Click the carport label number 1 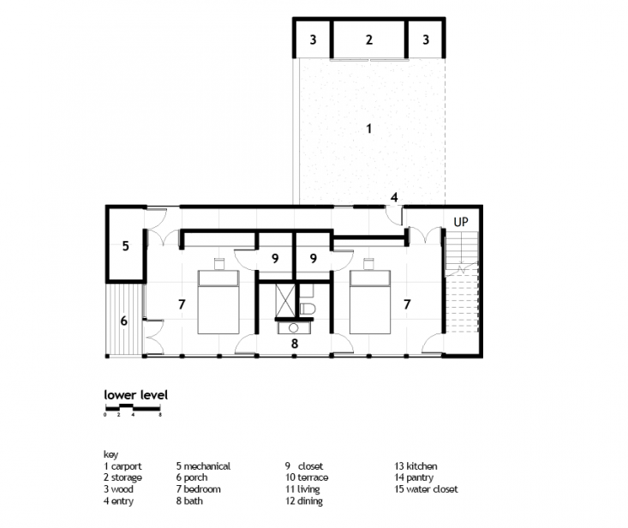369,129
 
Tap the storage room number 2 369,39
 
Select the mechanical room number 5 125,246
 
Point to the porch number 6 123,321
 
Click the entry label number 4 394,197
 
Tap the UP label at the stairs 461,222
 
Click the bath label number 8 295,344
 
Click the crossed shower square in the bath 285,300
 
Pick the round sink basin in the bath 294,328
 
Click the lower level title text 135,395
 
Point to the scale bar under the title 133,408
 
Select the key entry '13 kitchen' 416,466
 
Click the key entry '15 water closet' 426,489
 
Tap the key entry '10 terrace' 307,477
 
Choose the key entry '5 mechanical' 203,466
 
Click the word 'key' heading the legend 111,454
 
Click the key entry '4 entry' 118,501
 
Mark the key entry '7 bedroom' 198,489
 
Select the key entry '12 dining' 304,501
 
